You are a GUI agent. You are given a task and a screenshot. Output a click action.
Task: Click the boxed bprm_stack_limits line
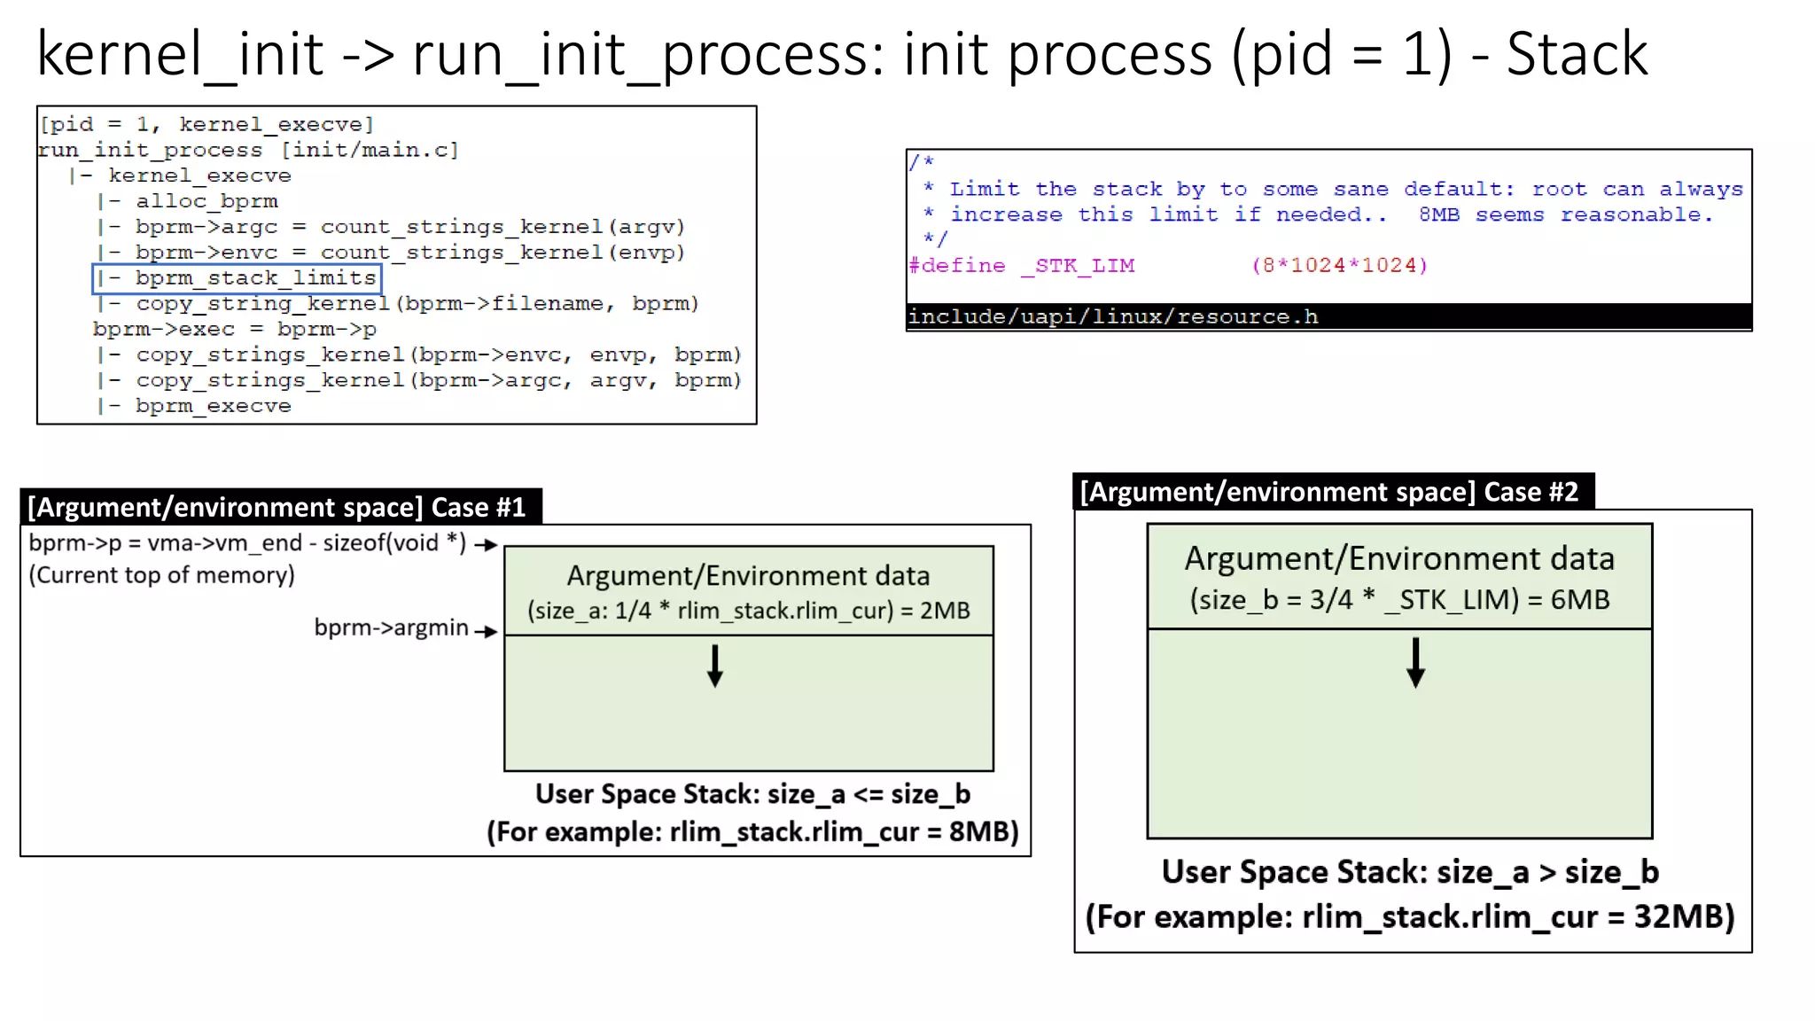pyautogui.click(x=238, y=278)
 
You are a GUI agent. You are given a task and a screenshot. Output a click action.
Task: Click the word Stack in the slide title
pyautogui.click(x=1577, y=55)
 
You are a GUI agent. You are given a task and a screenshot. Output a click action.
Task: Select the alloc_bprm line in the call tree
pyautogui.click(x=206, y=201)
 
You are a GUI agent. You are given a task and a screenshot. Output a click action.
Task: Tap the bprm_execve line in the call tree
pyautogui.click(x=213, y=406)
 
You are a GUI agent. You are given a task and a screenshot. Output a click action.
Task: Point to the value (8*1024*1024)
pyautogui.click(x=1339, y=265)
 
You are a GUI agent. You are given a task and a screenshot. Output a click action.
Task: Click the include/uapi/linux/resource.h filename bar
pyautogui.click(x=1113, y=316)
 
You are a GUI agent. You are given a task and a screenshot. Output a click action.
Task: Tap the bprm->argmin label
pyautogui.click(x=391, y=627)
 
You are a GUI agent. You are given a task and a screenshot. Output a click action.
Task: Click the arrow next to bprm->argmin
pyautogui.click(x=486, y=632)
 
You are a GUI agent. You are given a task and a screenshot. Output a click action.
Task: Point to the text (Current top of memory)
pyautogui.click(x=161, y=575)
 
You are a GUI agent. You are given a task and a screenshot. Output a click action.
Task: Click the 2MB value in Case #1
pyautogui.click(x=945, y=611)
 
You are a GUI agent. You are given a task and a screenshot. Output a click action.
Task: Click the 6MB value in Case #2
pyautogui.click(x=1580, y=600)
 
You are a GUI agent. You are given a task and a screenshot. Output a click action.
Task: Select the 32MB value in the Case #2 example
pyautogui.click(x=1683, y=916)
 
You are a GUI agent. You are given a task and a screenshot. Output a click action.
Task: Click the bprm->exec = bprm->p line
pyautogui.click(x=234, y=330)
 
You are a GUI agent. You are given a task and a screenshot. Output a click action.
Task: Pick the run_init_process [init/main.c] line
pyautogui.click(x=248, y=150)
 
